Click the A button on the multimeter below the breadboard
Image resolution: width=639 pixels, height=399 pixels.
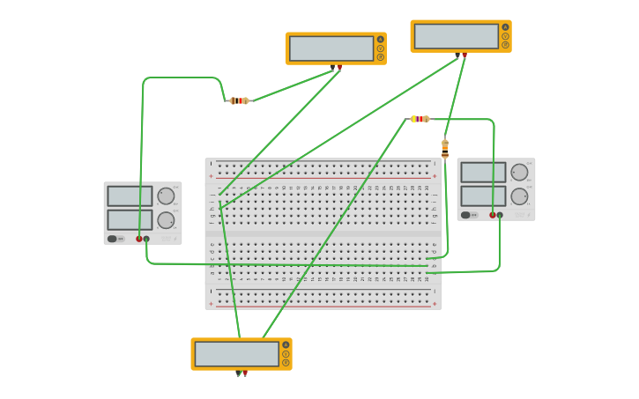pyautogui.click(x=286, y=345)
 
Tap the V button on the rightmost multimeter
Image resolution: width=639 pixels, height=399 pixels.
pyautogui.click(x=505, y=36)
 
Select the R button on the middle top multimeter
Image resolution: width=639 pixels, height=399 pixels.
pyautogui.click(x=381, y=57)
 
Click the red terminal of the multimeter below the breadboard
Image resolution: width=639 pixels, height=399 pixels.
pyautogui.click(x=245, y=373)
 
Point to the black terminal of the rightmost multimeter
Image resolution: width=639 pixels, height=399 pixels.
pyautogui.click(x=457, y=55)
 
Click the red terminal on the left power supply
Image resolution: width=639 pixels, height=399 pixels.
pyautogui.click(x=138, y=239)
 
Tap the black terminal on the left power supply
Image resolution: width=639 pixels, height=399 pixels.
pyautogui.click(x=146, y=239)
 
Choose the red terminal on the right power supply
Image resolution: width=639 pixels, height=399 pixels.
pyautogui.click(x=493, y=215)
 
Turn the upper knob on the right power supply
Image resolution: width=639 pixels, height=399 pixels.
pyautogui.click(x=519, y=173)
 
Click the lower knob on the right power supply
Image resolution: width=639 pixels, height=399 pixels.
pyautogui.click(x=519, y=196)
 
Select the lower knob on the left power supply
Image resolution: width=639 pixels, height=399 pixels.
pyautogui.click(x=166, y=220)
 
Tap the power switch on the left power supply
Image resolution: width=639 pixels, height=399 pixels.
pyautogui.click(x=113, y=239)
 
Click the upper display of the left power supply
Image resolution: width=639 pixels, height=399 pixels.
pyautogui.click(x=130, y=196)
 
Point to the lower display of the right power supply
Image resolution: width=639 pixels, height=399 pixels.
pyautogui.click(x=483, y=196)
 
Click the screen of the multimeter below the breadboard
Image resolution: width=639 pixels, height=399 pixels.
pyautogui.click(x=236, y=354)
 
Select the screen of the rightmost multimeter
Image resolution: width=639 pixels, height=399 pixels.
pyautogui.click(x=456, y=36)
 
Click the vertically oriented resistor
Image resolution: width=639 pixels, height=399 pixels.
pyautogui.click(x=445, y=149)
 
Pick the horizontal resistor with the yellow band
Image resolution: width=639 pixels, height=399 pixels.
pyautogui.click(x=420, y=119)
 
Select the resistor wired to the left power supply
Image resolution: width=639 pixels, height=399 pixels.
pyautogui.click(x=239, y=100)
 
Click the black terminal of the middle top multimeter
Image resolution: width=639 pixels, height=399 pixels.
pyautogui.click(x=332, y=67)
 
